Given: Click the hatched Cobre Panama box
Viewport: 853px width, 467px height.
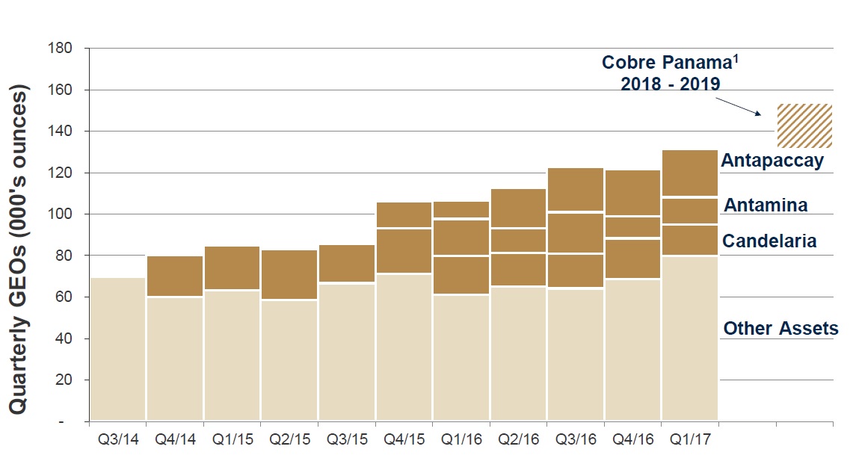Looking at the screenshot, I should [x=804, y=126].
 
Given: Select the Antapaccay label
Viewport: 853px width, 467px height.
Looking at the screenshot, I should [x=772, y=160].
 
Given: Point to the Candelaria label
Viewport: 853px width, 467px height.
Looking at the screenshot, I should [x=769, y=241].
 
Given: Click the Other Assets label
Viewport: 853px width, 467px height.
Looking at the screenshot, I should [x=780, y=328].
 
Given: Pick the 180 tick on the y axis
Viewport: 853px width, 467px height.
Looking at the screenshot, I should [x=61, y=49].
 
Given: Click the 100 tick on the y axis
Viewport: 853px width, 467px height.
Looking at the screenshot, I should [x=61, y=214].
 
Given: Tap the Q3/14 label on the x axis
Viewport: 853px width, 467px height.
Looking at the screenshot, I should [x=117, y=439].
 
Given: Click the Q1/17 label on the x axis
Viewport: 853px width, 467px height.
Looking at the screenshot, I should [x=690, y=439].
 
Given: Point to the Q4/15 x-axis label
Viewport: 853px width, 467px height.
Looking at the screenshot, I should [x=404, y=439].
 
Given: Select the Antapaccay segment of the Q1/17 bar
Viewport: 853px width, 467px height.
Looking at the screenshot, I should [x=690, y=173].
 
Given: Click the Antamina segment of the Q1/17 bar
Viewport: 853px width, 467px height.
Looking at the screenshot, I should [x=690, y=211].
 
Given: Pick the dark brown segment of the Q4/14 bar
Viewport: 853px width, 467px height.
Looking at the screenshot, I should [x=175, y=276].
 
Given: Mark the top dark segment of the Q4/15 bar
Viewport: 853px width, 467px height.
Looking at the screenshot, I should [x=404, y=214].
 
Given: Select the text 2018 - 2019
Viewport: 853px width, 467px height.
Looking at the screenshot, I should [x=670, y=84].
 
